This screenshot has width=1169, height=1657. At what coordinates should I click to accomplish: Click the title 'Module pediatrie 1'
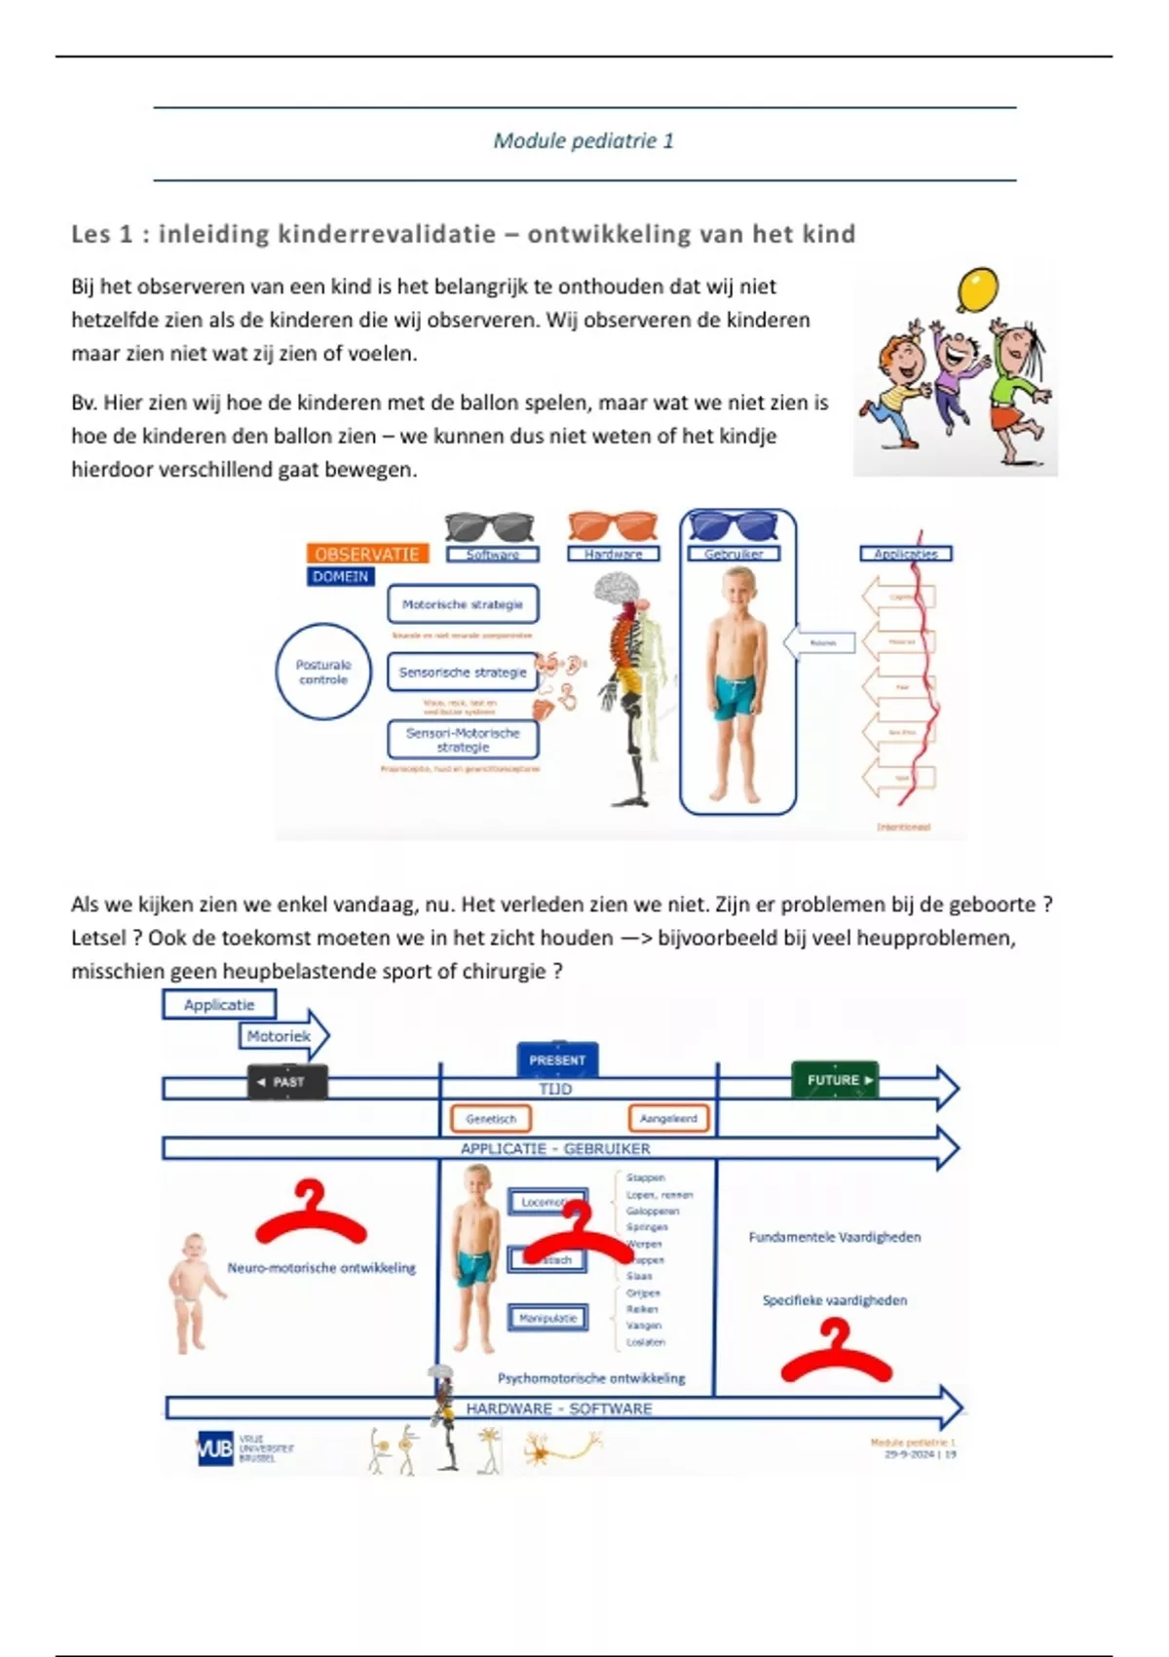[x=584, y=140]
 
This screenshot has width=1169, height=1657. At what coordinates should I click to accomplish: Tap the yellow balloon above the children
[x=977, y=289]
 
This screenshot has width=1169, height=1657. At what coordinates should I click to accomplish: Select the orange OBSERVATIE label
[x=366, y=554]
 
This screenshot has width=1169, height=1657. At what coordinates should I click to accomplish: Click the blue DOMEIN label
[x=340, y=576]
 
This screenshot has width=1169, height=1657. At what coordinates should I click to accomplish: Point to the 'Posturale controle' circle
[x=323, y=672]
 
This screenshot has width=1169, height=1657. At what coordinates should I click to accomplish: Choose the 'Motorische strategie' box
[x=463, y=604]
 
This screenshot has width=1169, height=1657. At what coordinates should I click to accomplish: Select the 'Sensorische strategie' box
[x=463, y=672]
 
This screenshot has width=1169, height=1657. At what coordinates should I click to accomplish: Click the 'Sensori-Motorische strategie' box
[x=463, y=740]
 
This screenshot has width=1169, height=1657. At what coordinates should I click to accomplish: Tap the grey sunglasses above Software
[x=489, y=526]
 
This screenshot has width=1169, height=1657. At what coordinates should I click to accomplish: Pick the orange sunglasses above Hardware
[x=613, y=526]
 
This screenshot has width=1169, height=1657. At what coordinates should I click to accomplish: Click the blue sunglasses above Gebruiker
[x=734, y=526]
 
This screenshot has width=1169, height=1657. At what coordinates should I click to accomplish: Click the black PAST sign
[x=287, y=1082]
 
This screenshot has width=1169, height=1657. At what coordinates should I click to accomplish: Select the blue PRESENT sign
[x=557, y=1060]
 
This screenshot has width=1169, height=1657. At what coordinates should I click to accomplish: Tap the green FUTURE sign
[x=835, y=1080]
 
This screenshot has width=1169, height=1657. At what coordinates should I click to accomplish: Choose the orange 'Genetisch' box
[x=491, y=1119]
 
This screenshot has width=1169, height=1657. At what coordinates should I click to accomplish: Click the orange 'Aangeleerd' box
[x=668, y=1119]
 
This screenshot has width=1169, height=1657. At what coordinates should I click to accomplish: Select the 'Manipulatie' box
[x=547, y=1318]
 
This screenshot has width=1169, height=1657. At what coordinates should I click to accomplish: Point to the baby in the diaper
[x=194, y=1292]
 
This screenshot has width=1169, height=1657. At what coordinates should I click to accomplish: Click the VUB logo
[x=215, y=1448]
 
